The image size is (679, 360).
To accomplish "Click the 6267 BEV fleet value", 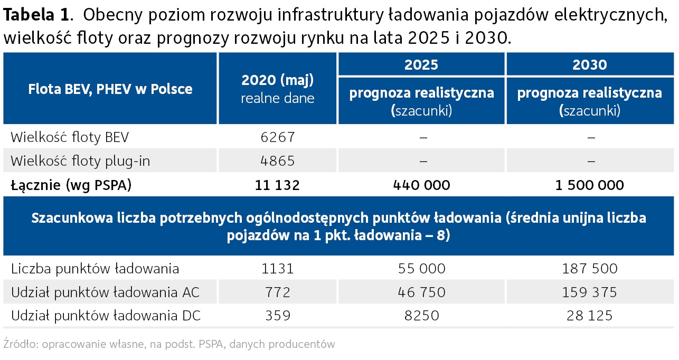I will point(277,138).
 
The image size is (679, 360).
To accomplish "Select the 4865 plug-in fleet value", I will point(277,161).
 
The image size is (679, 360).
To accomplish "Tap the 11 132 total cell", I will point(277,185).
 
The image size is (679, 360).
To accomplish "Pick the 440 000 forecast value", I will point(421,185).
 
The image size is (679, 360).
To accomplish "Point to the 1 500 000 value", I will point(589,185).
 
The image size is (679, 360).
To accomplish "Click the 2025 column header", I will point(421,65).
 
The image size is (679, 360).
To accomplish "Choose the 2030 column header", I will point(589,65).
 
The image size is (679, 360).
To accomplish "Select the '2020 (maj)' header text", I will point(277,80).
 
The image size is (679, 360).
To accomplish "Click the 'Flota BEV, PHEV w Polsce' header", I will point(110,89).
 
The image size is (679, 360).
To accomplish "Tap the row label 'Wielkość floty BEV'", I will point(70,138).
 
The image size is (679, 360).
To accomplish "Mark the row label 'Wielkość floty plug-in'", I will point(80,161).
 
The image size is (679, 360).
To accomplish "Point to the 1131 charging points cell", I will point(277,269).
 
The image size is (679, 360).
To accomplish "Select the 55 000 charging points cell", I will point(421,269).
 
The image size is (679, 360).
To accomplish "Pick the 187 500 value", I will point(589,269).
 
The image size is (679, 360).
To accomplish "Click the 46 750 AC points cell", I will point(421,292).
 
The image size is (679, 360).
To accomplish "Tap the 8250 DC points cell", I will point(421,316).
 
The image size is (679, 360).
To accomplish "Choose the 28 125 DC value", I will point(589,316).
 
